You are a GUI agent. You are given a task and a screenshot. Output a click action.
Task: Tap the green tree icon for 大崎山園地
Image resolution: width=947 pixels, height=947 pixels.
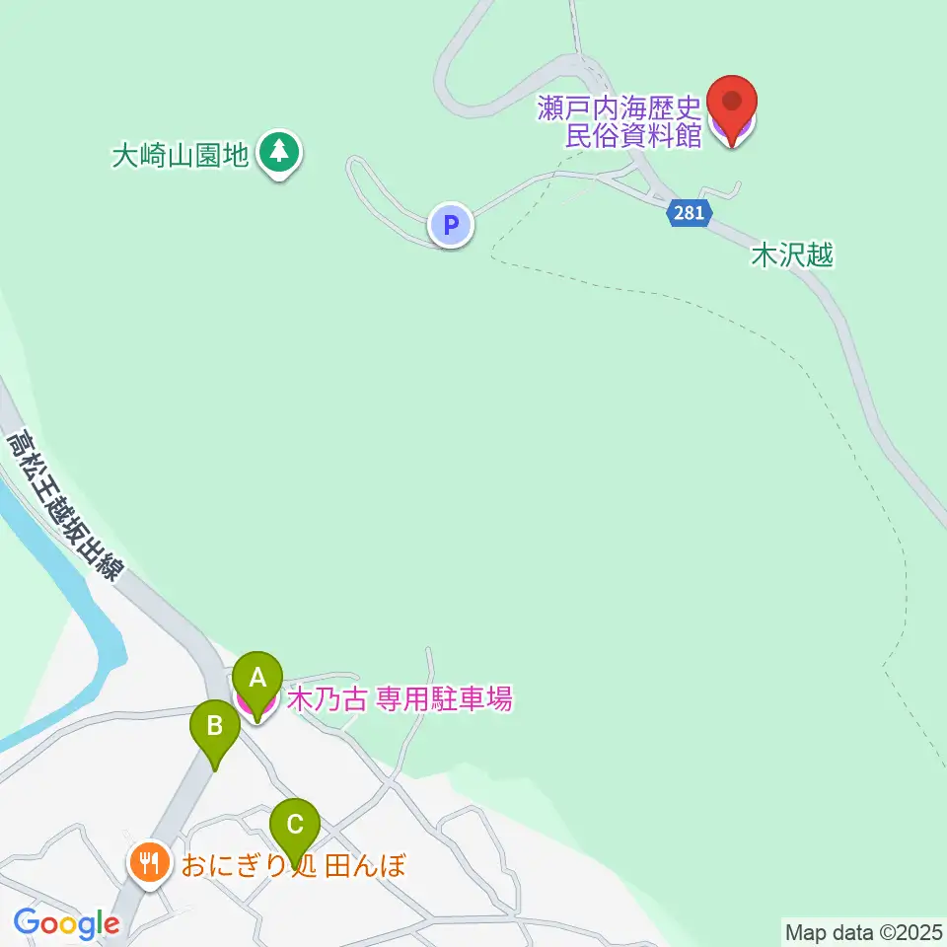pos(281,155)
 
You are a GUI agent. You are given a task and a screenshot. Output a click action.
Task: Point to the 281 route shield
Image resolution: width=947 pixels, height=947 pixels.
pos(689,213)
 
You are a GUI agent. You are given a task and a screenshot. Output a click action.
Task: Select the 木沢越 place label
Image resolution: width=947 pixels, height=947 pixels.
pos(792,256)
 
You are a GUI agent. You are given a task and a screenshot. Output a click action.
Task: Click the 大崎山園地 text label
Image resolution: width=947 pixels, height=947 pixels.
pos(180,156)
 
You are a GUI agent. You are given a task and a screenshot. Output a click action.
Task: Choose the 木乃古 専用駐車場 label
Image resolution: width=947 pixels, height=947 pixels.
pos(400,700)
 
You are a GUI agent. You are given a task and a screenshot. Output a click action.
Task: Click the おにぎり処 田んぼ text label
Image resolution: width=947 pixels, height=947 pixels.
pos(293,866)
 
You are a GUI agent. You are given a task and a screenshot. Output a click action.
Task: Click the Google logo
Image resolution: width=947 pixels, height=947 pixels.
pos(66,923)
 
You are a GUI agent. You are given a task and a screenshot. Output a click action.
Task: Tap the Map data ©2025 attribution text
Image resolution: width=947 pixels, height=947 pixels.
pos(862,931)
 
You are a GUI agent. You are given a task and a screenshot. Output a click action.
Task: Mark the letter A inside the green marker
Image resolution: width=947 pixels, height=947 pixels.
pos(257,678)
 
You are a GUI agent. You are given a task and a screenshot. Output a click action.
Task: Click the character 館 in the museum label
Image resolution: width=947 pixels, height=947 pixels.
pos(689,135)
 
